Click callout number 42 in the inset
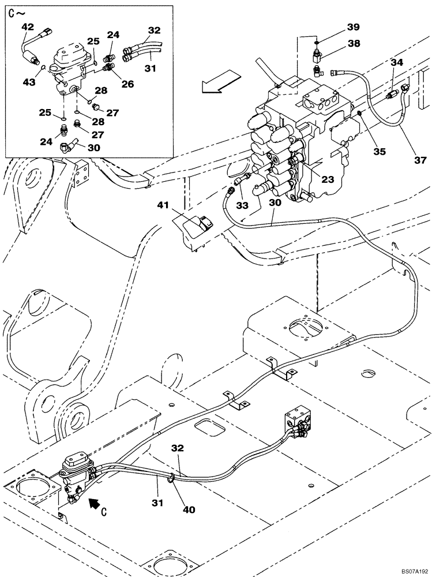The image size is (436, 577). click(x=28, y=27)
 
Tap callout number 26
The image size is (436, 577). click(x=127, y=84)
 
